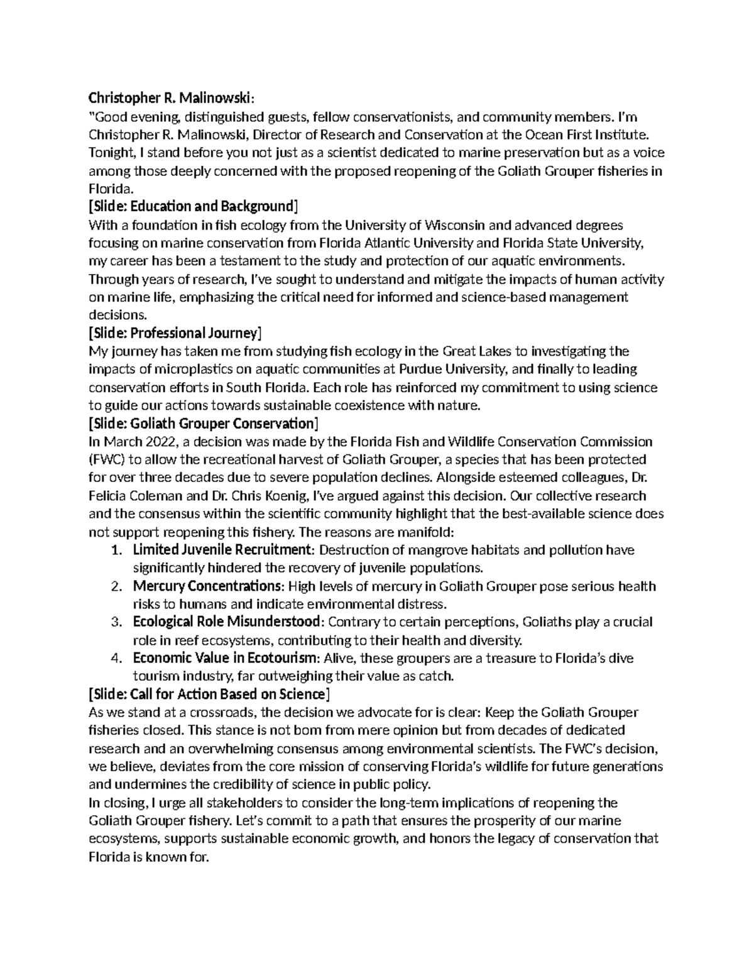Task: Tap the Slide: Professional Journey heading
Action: [175, 332]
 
